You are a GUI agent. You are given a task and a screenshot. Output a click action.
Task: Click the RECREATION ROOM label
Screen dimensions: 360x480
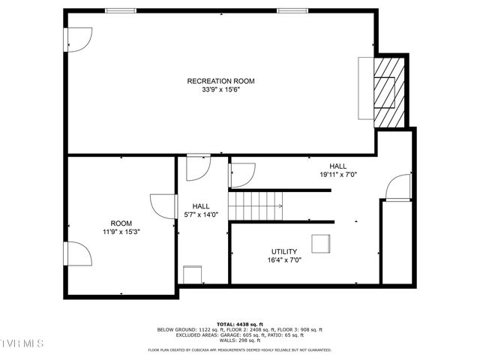(221, 81)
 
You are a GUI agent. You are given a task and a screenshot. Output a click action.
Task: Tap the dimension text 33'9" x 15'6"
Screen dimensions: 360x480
(221, 90)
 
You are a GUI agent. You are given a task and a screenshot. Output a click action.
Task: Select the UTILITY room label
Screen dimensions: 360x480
(284, 252)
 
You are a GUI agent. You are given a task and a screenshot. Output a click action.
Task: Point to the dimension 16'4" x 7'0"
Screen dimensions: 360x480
(284, 260)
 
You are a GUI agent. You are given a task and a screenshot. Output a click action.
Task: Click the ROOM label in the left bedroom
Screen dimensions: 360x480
(121, 223)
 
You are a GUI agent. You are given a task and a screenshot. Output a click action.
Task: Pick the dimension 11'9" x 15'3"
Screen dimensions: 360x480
(121, 232)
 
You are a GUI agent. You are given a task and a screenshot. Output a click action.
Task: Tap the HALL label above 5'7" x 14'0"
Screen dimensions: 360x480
(201, 206)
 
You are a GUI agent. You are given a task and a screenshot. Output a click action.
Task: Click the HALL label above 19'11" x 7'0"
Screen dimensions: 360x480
(338, 166)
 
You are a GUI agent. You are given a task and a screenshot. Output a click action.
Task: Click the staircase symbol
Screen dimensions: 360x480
(256, 205)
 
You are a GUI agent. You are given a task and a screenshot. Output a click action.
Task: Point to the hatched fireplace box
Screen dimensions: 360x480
(388, 91)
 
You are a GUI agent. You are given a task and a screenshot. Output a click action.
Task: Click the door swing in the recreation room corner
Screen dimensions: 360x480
(79, 39)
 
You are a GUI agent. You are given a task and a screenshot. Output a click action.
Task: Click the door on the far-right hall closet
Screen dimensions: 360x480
(400, 187)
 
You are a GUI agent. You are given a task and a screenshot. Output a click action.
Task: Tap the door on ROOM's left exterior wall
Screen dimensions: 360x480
(79, 254)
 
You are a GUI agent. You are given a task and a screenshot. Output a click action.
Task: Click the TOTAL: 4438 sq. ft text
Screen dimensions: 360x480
(239, 324)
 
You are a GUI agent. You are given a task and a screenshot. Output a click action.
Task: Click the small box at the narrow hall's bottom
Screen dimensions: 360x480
(192, 274)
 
